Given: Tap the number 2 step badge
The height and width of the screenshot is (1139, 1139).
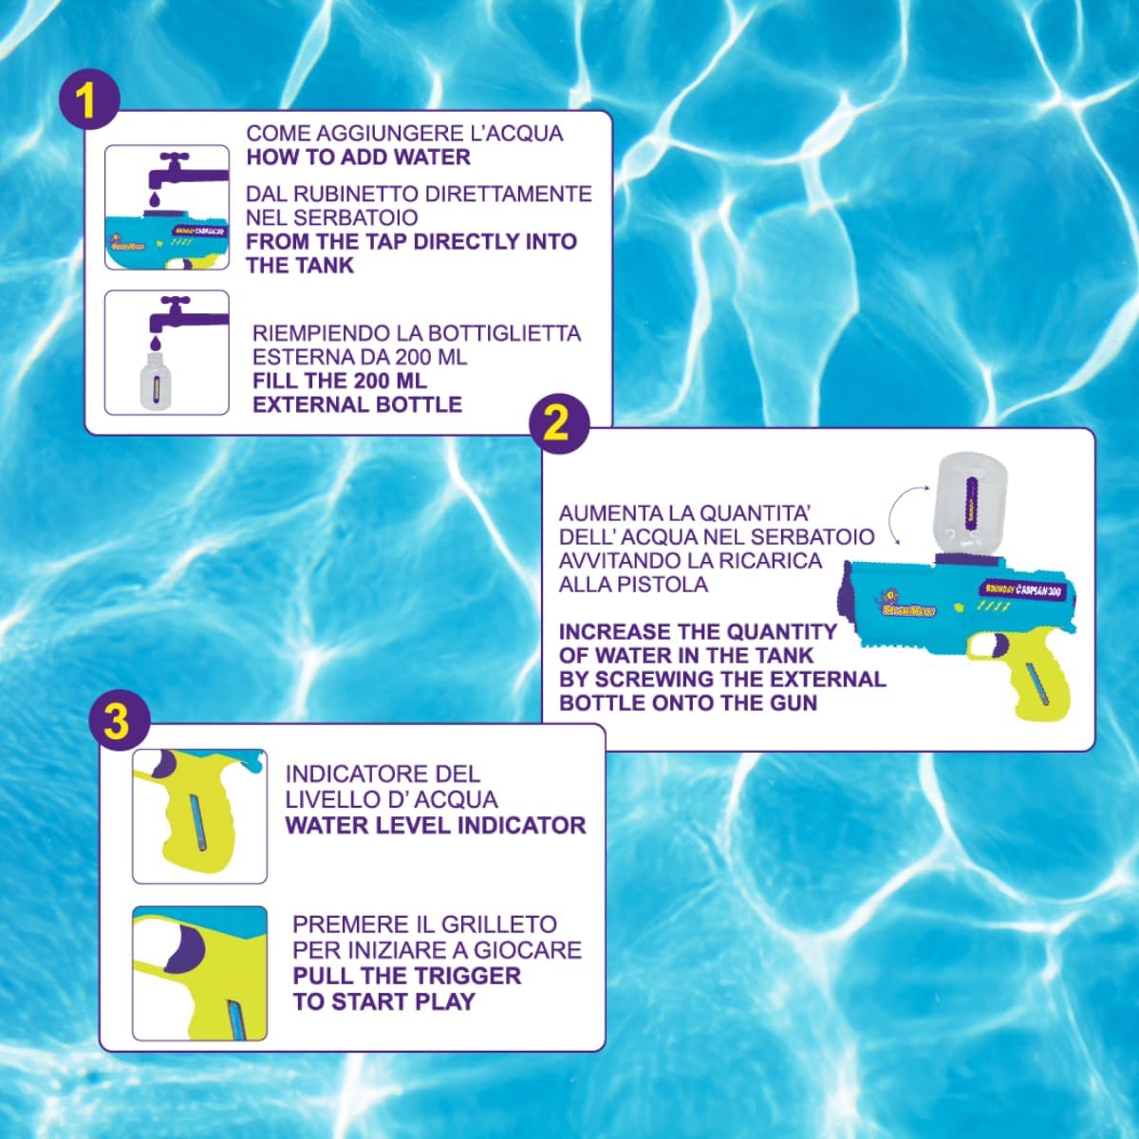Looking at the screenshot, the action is [558, 423].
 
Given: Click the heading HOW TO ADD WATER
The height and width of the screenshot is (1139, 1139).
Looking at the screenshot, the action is [358, 158].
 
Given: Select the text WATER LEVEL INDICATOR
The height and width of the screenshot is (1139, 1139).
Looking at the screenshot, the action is [436, 825].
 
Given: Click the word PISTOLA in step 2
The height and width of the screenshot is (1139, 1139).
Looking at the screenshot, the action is [663, 584].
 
